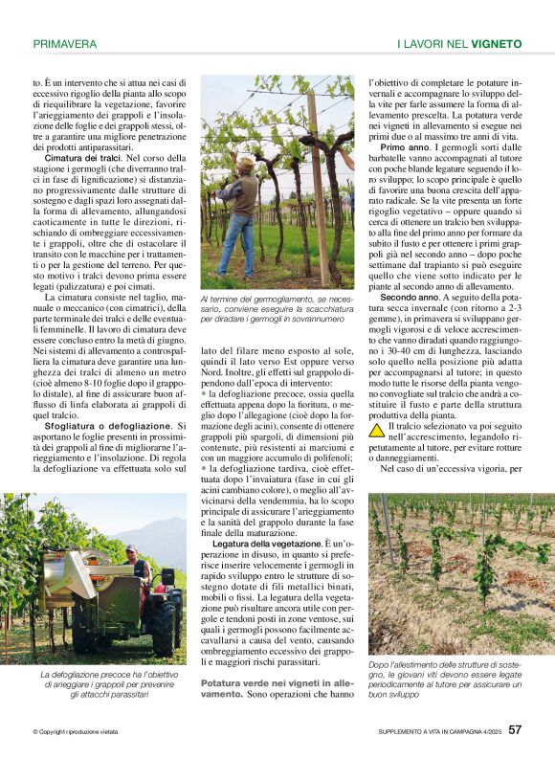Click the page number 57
pyautogui.click(x=515, y=730)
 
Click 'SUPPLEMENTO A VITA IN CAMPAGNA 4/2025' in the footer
pyautogui.click(x=437, y=732)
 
